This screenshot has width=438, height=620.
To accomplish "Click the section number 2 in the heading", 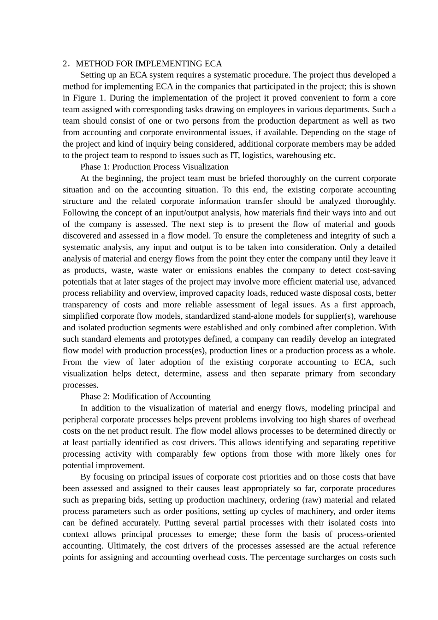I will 65,64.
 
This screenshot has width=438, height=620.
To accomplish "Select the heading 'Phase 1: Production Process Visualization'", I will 154,167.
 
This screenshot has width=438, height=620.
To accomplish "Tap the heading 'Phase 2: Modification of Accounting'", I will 145,396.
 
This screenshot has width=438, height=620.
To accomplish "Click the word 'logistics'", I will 258,155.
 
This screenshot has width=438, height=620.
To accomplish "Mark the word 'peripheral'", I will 81,419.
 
